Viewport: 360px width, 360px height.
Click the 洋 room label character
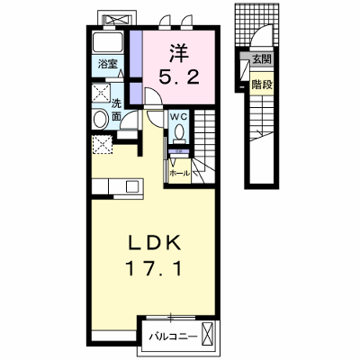(180, 53)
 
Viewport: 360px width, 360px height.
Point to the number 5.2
(179, 78)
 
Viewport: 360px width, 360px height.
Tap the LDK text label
(155, 242)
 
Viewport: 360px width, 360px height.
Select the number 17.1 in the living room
(154, 268)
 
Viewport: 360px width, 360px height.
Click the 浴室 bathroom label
(108, 64)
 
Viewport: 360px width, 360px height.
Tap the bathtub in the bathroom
(108, 42)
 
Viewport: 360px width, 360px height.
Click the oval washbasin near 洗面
(101, 120)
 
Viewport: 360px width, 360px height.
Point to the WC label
(179, 116)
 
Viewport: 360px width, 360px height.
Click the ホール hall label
(180, 173)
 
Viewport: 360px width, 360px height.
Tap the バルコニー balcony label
(174, 337)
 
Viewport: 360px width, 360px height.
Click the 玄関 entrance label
(261, 59)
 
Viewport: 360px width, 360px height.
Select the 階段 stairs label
(262, 85)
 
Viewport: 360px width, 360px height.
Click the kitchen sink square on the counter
(132, 187)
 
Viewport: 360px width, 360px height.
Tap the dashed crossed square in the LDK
(102, 145)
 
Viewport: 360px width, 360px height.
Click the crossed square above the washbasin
(101, 93)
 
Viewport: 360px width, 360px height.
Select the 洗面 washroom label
(116, 110)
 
